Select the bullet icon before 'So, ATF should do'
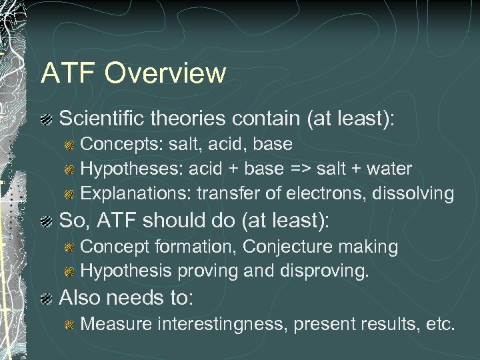pos(45,221)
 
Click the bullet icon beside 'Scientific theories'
pos(45,120)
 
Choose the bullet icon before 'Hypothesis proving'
pos(69,272)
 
